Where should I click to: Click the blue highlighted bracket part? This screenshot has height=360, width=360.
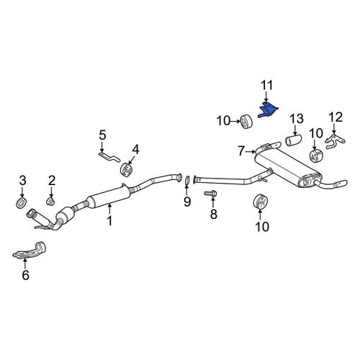pos(268,110)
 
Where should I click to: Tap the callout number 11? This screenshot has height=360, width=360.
pos(266,86)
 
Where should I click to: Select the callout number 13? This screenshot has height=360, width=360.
pos(297,119)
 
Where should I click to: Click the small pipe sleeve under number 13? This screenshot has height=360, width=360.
pos(294,140)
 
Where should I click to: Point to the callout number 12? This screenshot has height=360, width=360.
pos(336,117)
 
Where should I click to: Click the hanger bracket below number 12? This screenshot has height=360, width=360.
pos(334,141)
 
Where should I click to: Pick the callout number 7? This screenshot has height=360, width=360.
pos(241,151)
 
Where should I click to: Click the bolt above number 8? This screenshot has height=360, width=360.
pos(211,193)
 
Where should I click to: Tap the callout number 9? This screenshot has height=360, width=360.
pos(187,202)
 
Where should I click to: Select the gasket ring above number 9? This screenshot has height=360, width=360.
pos(187,181)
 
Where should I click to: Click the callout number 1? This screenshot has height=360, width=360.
pos(109,220)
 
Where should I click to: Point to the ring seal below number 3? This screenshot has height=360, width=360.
pos(22,202)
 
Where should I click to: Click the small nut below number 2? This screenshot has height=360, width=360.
pos(50,201)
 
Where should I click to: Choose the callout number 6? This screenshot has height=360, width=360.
pos(25,274)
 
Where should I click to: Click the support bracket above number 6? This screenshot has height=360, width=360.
pos(30,251)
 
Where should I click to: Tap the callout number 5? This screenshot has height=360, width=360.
pos(102,136)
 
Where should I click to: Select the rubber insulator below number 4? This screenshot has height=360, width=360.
pos(127,169)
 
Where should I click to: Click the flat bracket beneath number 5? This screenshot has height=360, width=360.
pos(109,156)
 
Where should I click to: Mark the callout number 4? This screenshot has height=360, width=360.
pos(135,150)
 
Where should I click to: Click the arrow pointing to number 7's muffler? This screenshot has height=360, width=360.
pos(250,151)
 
